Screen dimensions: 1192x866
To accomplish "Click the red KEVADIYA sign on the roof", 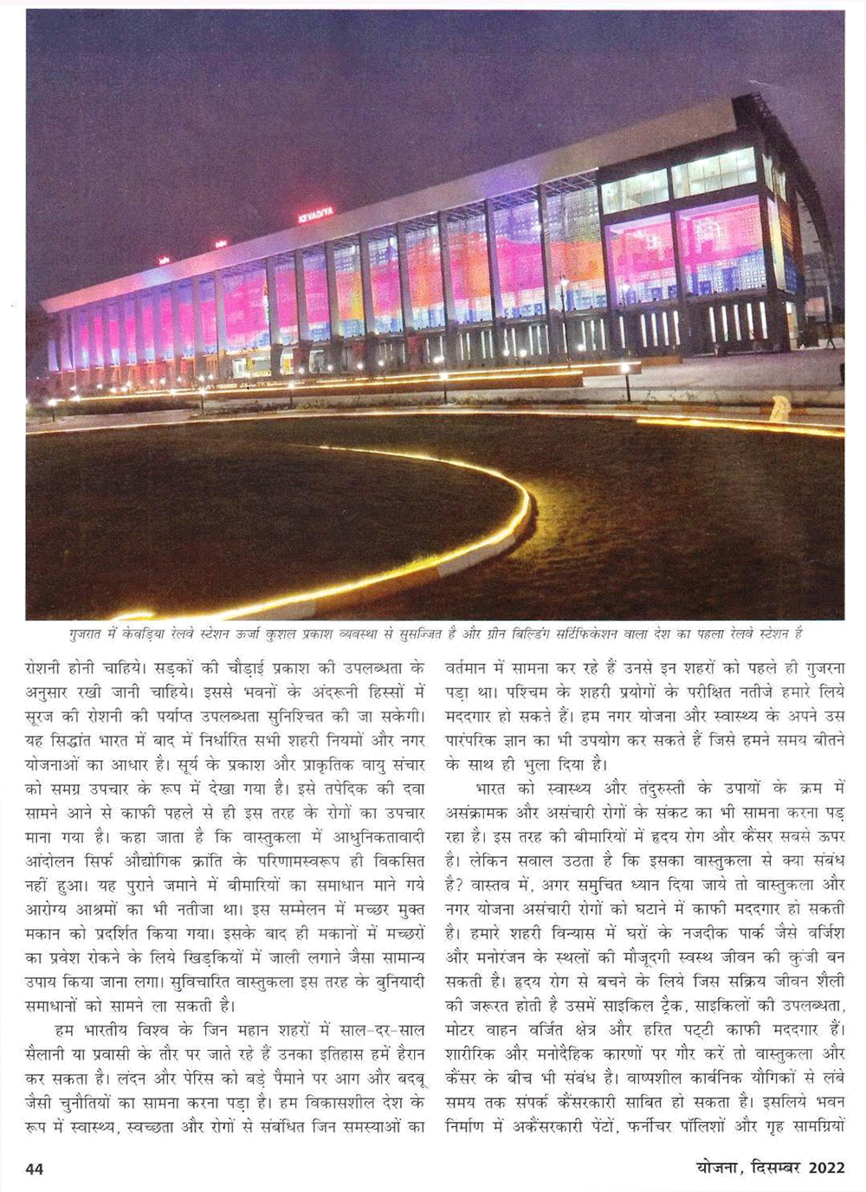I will click(314, 215).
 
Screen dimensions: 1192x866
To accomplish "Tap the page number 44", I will click(35, 1169).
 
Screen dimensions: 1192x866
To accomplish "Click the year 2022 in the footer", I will click(827, 1168).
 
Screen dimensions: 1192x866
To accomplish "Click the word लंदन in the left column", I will click(139, 1079).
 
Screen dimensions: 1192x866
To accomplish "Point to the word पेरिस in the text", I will click(200, 1079).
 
